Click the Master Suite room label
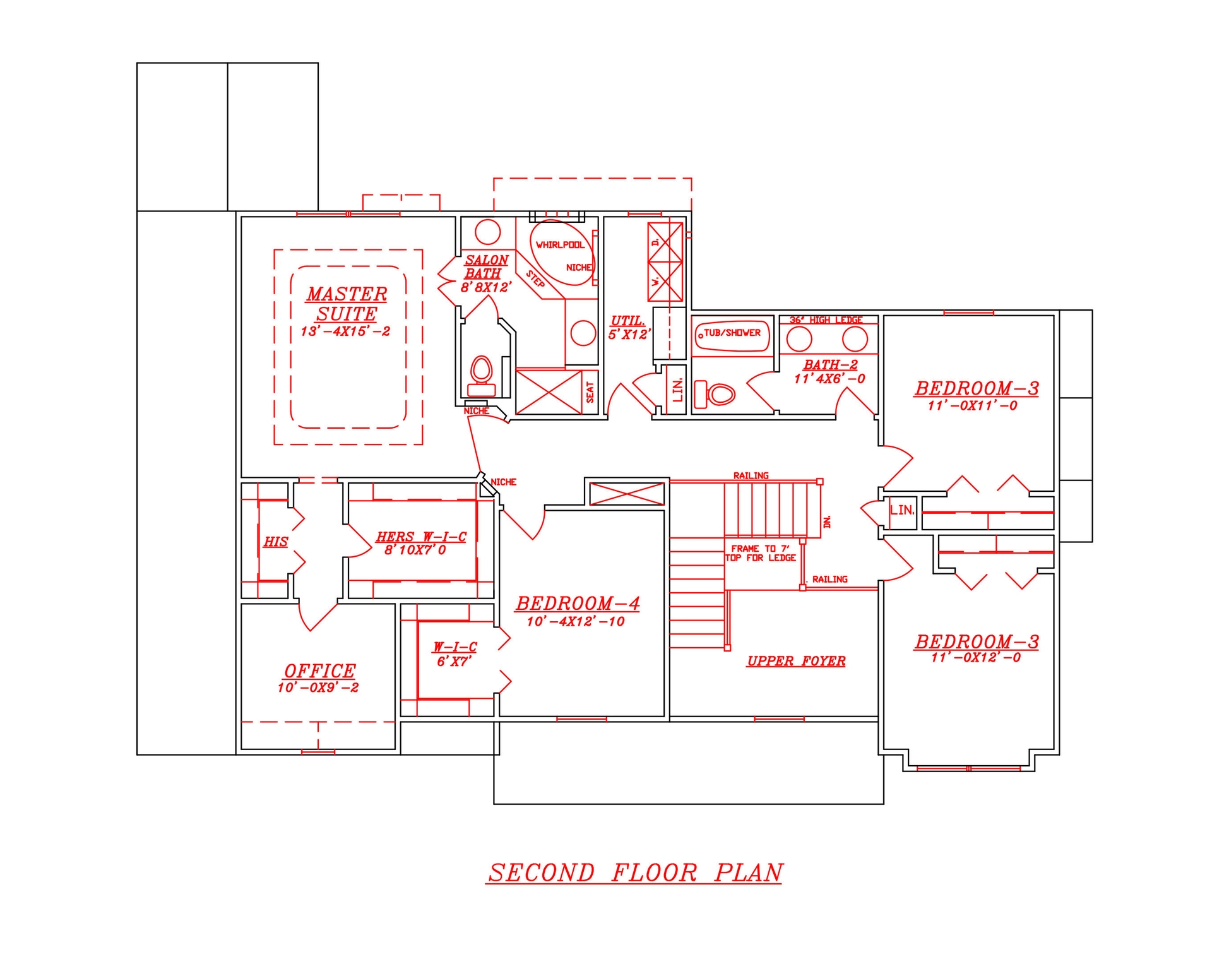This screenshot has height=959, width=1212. point(347,304)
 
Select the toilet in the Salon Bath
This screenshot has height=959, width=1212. point(482,374)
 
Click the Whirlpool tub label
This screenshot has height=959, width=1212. point(559,245)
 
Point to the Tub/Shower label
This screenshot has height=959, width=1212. point(732,333)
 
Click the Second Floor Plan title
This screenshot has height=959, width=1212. point(634,873)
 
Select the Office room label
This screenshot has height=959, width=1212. point(319,670)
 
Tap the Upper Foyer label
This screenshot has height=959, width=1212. point(796,661)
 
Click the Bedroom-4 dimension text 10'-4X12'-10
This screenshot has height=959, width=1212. point(576,622)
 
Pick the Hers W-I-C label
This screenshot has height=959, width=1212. point(421,537)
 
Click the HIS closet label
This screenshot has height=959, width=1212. point(275,542)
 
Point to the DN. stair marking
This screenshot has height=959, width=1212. point(828,522)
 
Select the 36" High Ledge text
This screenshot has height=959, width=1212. point(826,320)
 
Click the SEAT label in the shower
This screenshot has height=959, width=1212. point(590,392)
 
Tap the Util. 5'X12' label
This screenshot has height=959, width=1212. point(628,328)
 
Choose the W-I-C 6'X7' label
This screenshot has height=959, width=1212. point(454,654)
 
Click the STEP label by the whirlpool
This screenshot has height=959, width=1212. point(535,279)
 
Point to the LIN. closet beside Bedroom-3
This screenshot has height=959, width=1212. point(902,510)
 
